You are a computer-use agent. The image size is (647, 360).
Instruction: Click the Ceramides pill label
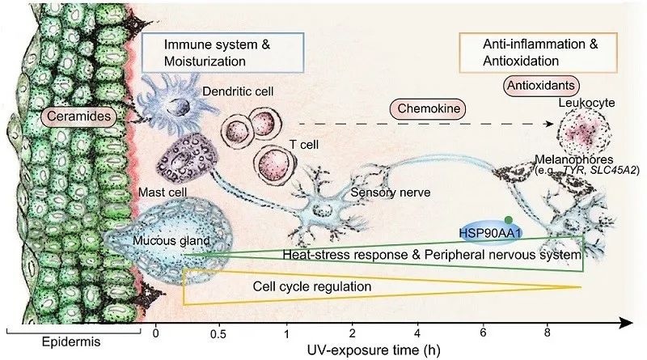click(x=78, y=116)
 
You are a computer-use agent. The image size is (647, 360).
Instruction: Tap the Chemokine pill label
click(x=429, y=108)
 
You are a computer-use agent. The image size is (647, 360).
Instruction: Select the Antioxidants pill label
click(x=541, y=86)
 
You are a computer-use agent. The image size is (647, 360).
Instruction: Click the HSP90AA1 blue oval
click(x=491, y=233)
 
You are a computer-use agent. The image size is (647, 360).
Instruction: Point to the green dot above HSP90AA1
click(x=509, y=220)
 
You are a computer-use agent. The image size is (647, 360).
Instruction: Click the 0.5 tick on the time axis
click(x=218, y=333)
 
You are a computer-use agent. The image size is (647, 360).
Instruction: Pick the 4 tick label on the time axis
click(x=417, y=332)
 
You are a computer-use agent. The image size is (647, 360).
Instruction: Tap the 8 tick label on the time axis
click(x=548, y=332)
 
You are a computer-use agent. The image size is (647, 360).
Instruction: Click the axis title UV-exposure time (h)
click(x=374, y=350)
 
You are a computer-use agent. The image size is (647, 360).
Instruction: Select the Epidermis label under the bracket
click(x=71, y=342)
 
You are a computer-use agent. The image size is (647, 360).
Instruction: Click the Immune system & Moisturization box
click(x=223, y=53)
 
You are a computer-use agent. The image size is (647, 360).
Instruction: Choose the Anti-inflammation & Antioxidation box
click(x=539, y=53)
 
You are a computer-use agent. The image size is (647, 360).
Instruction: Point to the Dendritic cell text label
click(x=238, y=91)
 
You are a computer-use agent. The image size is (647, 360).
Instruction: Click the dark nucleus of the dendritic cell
click(x=178, y=107)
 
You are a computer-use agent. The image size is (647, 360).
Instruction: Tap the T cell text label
click(x=304, y=145)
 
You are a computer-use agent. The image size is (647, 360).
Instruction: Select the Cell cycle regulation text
click(x=312, y=286)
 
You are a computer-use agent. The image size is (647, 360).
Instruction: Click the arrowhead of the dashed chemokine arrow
click(x=550, y=124)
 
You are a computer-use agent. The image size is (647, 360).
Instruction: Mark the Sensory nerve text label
click(x=391, y=193)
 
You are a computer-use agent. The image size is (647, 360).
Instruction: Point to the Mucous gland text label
click(x=171, y=241)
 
